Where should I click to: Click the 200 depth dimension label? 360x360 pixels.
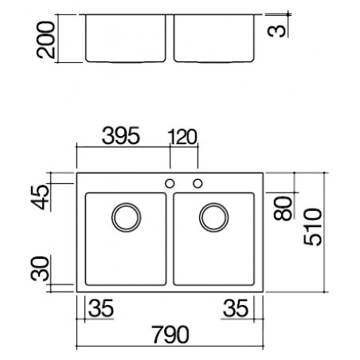[45, 40]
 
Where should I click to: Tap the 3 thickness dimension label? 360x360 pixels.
[277, 31]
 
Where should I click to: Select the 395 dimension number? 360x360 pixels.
[121, 135]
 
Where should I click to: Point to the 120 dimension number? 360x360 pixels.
[182, 137]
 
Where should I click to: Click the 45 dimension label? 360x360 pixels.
[40, 197]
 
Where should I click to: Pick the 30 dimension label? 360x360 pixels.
[40, 268]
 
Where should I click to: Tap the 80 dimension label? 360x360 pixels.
[283, 209]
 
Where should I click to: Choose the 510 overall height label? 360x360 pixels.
[313, 227]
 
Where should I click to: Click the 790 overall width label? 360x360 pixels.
[170, 335]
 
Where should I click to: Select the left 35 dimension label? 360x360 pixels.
[101, 308]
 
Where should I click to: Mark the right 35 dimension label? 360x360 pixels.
[236, 308]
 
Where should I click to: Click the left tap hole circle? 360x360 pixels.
[170, 183]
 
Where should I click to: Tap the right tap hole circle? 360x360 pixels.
[198, 183]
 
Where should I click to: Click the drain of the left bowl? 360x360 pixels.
[126, 203]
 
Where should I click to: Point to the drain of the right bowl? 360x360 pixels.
[213, 203]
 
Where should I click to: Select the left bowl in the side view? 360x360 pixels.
[126, 62]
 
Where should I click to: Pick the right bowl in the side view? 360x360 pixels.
[214, 62]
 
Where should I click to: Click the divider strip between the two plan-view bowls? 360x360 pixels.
[170, 239]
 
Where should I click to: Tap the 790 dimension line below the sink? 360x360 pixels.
[170, 346]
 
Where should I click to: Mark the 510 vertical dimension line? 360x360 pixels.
[325, 233]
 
